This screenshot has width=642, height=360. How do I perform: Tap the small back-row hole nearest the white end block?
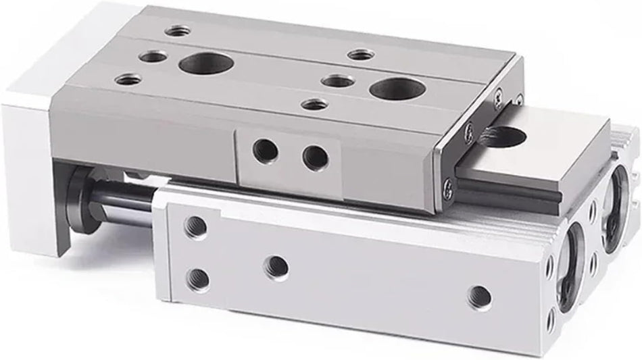click(178, 30)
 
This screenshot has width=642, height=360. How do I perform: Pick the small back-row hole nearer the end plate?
click(357, 55)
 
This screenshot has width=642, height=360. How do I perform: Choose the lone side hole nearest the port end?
click(480, 294)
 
